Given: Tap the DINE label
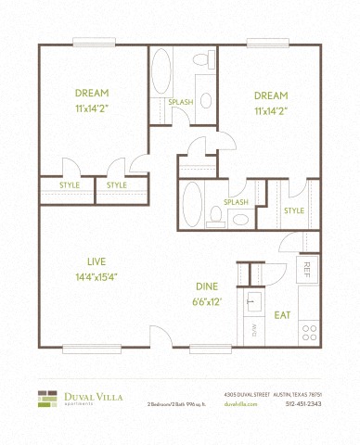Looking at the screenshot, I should point(207,286).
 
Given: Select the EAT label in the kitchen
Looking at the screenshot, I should point(283,315).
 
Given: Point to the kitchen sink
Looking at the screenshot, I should point(251,301).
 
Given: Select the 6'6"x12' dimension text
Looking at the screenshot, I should point(207,302).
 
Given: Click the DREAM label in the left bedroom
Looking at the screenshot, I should point(93,93).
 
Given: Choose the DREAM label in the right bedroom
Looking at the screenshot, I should point(271,95).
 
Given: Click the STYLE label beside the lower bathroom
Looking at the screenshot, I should point(294,210).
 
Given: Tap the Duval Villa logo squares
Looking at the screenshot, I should point(47,399).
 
